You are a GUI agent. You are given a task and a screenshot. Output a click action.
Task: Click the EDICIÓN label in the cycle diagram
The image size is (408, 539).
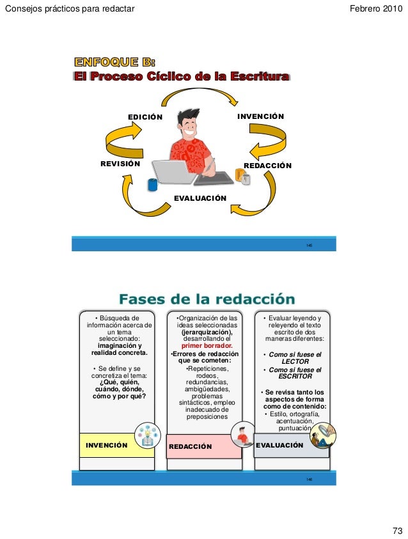(x=145, y=117)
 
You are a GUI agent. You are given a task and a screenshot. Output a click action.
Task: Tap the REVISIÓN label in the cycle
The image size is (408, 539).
(x=120, y=164)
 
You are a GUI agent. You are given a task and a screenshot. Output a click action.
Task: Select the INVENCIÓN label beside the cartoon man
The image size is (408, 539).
(x=260, y=117)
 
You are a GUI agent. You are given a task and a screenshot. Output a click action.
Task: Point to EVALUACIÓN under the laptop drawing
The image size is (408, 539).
(x=200, y=198)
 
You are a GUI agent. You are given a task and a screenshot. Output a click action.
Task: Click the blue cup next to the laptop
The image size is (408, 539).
(x=153, y=185)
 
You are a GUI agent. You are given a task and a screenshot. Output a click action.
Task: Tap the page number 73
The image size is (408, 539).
(x=397, y=531)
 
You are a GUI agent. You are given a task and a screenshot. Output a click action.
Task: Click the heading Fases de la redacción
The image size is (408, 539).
(x=207, y=299)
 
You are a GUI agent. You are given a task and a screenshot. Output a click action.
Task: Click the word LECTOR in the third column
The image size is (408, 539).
(x=295, y=361)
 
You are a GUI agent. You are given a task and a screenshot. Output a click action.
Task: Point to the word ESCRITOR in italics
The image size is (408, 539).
(x=295, y=377)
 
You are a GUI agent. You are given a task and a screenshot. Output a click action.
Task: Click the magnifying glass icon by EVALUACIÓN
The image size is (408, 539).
(x=323, y=435)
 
